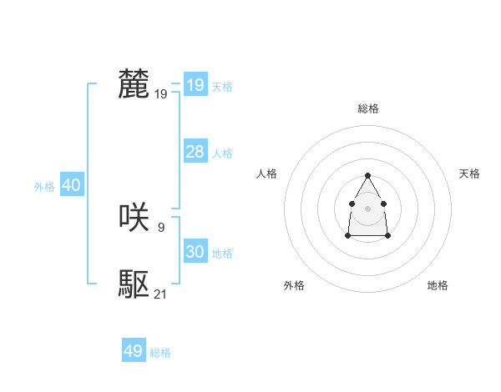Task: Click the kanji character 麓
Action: pos(134,85)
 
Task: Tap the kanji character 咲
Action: pos(134,219)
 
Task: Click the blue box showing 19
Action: pos(195,85)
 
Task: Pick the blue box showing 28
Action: pos(195,152)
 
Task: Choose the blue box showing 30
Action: pos(195,252)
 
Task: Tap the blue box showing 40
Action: pos(71,186)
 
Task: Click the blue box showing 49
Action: pos(134,351)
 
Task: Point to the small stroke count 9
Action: pos(160,226)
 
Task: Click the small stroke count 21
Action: pos(161,294)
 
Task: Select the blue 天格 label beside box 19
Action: pos(222,87)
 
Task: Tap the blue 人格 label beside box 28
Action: pos(222,153)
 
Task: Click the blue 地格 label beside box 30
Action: pos(222,254)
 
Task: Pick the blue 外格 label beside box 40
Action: pos(44,188)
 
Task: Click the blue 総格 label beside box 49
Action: pos(160,353)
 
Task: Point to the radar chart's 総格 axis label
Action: pos(368,108)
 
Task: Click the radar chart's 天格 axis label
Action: pos(470,173)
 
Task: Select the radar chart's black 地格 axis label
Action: pos(438,285)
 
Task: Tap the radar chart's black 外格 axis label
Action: pos(294,285)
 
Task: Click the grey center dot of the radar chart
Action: pos(367,207)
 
